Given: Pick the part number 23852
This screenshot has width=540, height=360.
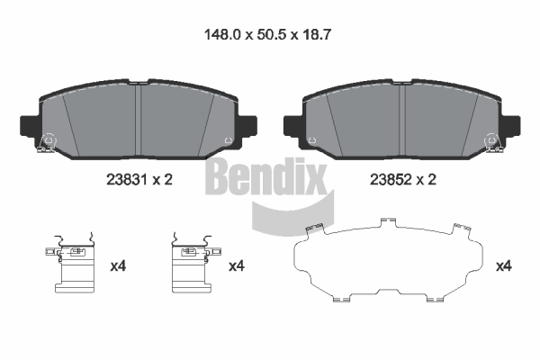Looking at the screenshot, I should coord(390,180).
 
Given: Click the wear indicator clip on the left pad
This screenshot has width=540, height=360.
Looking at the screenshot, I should coord(48,143).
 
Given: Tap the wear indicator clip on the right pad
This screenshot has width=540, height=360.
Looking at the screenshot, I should coord(492,143).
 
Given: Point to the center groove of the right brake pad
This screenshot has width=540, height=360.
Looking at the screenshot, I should coord(403,117).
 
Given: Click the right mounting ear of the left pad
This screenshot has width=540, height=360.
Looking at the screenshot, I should coord(247,124).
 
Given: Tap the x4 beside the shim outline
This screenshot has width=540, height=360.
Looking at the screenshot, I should coord(504,265).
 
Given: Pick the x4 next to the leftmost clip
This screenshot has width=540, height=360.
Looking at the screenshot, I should coord(118,265).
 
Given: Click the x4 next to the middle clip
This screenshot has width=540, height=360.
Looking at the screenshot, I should coord(237,265).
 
